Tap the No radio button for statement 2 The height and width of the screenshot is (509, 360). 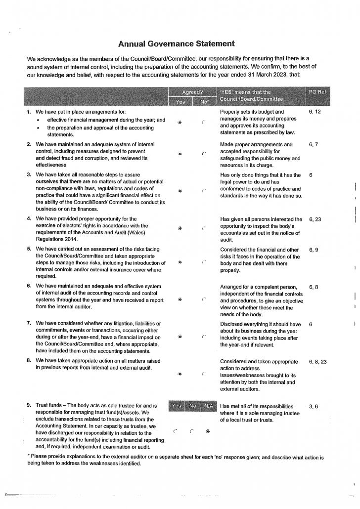pos(203,154)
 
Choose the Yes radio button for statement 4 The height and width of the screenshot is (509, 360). pos(180,229)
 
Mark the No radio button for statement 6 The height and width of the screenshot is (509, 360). pos(203,299)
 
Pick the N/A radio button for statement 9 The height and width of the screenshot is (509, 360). pos(208,430)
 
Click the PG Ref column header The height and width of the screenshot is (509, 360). pos(317,92)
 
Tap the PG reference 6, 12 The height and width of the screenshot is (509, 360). pos(315,112)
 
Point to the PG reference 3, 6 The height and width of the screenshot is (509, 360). pos(314,406)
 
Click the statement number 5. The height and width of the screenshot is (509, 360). pos(30,249)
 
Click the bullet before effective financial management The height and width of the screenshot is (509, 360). pos(39,120)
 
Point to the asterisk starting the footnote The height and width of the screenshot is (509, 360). pos(29,457)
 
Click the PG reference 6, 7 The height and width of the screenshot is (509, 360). pos(314,145)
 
